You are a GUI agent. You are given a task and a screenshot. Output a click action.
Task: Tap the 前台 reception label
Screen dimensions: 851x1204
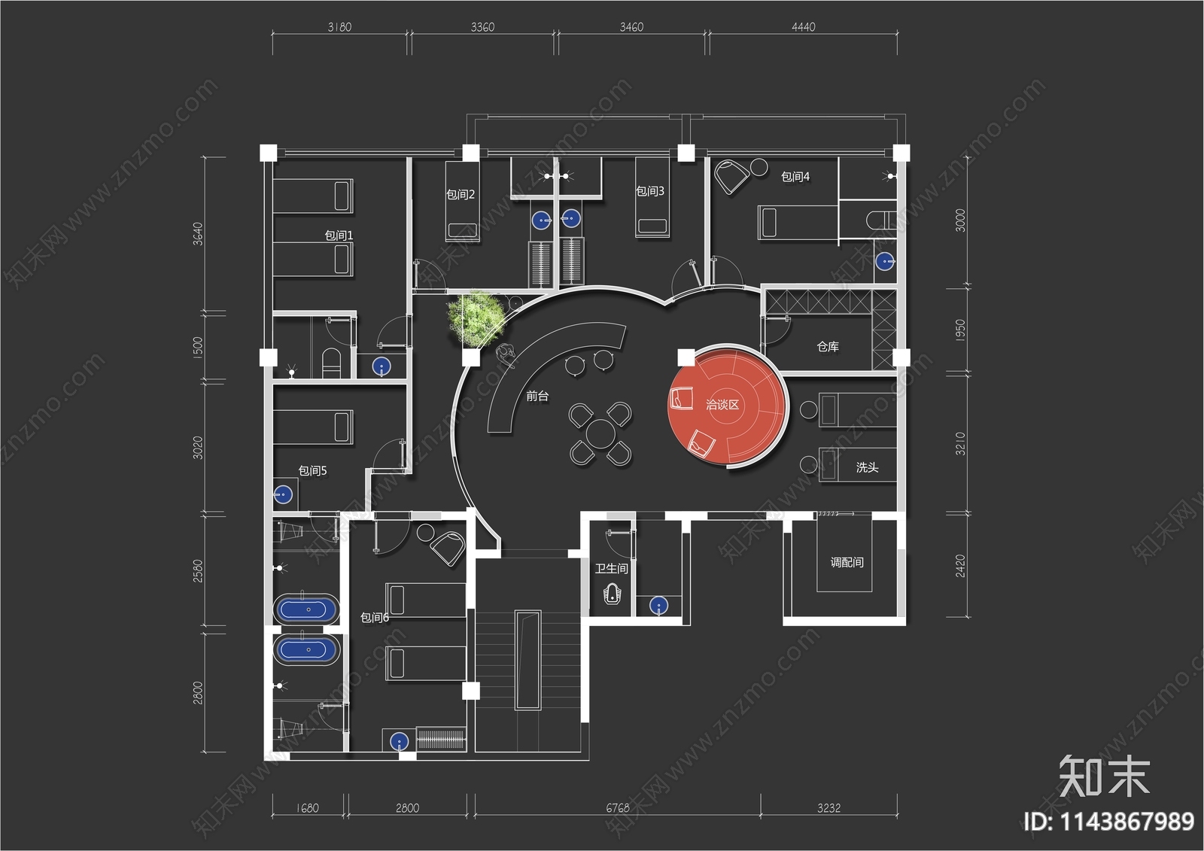tap(537, 396)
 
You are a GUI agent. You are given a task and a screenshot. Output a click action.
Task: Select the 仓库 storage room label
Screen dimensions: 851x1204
tap(828, 347)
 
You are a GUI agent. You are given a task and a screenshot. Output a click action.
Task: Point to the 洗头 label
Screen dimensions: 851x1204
tap(867, 467)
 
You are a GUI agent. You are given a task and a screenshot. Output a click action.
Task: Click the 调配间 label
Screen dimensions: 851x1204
tap(847, 562)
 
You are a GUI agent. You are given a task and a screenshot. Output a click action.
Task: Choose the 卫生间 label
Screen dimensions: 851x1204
tap(611, 568)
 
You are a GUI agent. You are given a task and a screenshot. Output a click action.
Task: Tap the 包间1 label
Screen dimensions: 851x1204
tap(339, 236)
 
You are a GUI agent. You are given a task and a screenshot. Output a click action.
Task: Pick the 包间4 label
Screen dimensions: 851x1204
tap(795, 177)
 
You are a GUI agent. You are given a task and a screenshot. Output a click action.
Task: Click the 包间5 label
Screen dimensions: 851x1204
tap(312, 471)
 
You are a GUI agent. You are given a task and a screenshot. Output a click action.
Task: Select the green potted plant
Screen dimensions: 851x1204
tap(475, 317)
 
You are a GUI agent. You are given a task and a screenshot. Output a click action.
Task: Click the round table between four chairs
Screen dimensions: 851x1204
tap(600, 433)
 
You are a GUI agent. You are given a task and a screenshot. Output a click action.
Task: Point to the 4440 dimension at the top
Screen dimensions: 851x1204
tap(803, 27)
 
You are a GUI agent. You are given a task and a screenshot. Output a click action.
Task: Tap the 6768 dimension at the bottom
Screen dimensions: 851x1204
tap(617, 808)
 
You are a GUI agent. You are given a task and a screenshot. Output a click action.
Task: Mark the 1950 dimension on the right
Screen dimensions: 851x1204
tap(960, 330)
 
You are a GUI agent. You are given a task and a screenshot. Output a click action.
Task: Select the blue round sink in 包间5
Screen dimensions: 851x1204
tap(283, 494)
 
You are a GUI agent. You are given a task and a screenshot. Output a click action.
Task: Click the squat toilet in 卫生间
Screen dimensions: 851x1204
tap(611, 595)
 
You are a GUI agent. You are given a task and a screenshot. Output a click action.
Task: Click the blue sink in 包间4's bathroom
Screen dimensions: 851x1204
tap(885, 261)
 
